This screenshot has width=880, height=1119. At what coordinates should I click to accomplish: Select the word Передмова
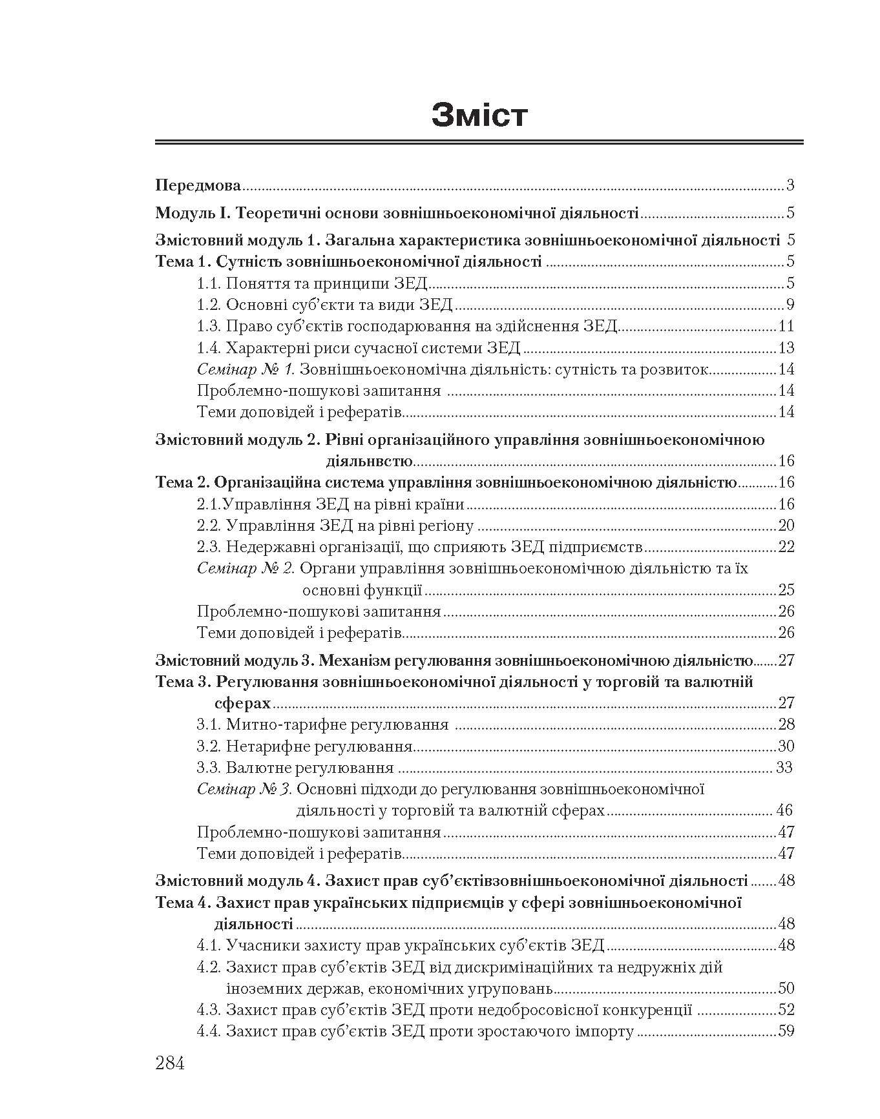198,186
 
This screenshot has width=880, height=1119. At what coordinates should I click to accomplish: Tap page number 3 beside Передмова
790,186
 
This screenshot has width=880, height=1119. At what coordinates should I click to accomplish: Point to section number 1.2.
209,305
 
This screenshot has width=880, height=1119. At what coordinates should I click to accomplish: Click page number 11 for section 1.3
786,326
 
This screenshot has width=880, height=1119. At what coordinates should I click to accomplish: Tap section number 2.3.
209,547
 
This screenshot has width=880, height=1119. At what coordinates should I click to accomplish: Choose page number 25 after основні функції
786,590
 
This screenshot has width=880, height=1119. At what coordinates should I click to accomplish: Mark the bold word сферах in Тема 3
243,703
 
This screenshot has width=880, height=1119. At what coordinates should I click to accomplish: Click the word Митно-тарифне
286,724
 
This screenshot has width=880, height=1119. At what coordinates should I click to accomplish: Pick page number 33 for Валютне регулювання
784,768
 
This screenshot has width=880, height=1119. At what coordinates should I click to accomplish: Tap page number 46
784,810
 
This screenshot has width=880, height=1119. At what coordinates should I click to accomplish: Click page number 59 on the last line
786,1031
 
